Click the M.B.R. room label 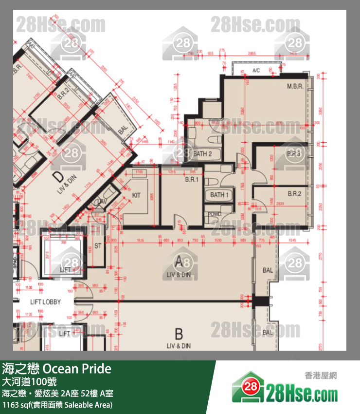295,87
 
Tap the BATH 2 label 202,154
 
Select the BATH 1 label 219,195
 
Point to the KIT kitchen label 136,195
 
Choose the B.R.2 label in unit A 294,193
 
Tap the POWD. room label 215,214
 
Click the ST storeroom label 98,246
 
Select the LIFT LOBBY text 45,302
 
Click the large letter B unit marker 179,335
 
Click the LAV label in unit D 102,201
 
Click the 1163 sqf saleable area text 57,405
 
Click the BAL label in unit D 122,131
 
